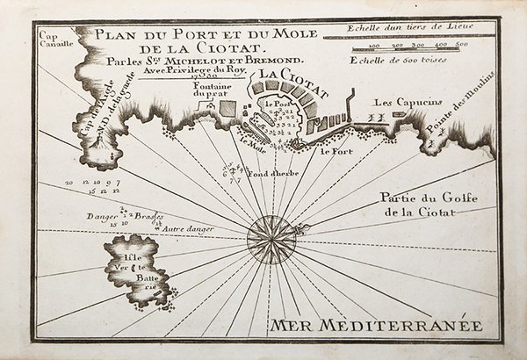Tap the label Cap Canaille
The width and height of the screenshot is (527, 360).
[55, 41]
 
